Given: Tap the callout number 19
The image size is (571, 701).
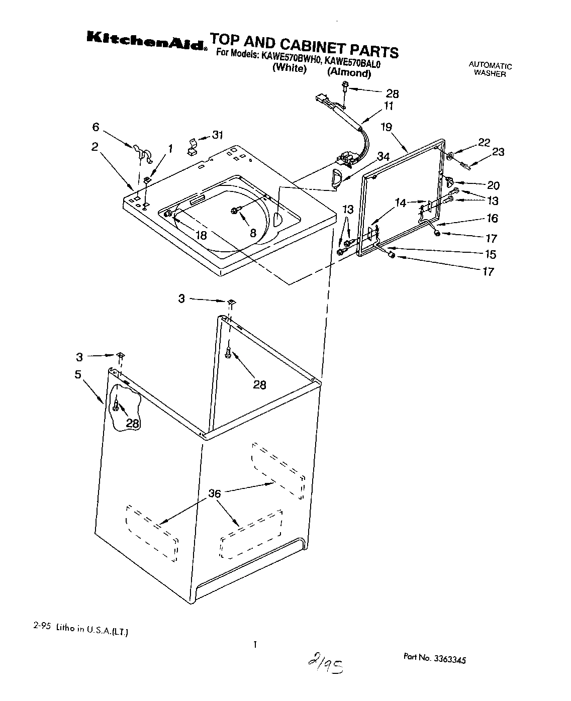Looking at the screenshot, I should (x=386, y=127).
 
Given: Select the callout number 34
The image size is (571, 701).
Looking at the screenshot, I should (x=383, y=157).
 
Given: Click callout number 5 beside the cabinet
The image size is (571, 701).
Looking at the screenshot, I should (x=78, y=374).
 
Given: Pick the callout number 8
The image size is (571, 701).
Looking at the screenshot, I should (x=253, y=233).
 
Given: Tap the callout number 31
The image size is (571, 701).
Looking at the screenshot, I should (x=217, y=135).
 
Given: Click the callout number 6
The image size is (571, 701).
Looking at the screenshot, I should (x=96, y=128).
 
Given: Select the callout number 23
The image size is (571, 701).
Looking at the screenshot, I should (x=498, y=152).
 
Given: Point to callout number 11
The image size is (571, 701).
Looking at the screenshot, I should (x=389, y=106).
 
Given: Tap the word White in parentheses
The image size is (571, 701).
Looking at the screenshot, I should (x=289, y=68).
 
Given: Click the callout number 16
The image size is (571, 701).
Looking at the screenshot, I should (x=492, y=218).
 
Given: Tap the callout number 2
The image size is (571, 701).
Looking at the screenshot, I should (x=94, y=146).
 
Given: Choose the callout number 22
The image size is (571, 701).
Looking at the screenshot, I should (x=484, y=142).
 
